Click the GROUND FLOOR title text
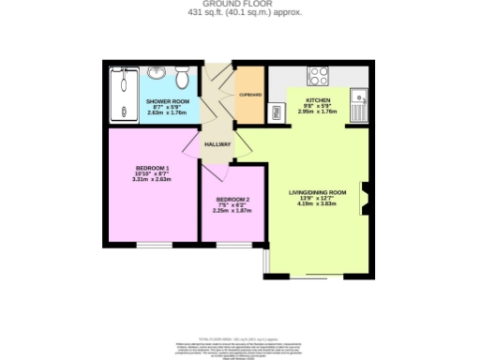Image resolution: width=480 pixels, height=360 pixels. pos(239,5)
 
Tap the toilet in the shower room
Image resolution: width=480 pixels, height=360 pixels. pos(182,74)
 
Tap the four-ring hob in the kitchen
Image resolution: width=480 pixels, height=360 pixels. pos(318,76)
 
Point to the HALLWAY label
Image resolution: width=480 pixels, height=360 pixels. pos(218,144)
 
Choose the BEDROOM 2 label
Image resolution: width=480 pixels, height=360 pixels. pos(232,200)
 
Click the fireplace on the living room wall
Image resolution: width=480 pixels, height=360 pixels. pos(365,199)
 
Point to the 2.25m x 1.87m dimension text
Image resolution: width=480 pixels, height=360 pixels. pos(232,211)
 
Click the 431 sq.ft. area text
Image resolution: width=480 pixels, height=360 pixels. pos(239,14)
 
